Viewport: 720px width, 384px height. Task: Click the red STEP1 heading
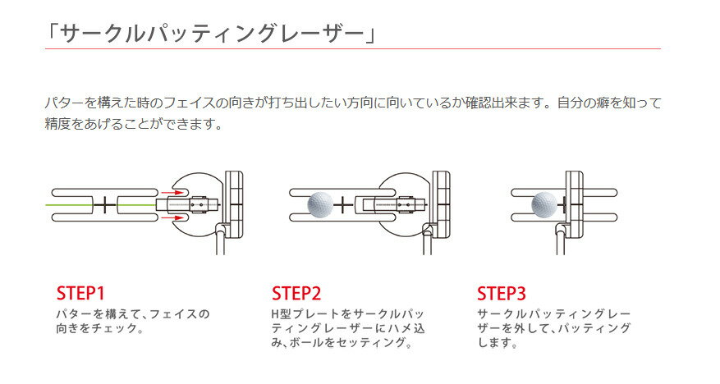80,293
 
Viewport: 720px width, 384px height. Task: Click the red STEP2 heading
296,293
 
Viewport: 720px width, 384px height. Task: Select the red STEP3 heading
502,293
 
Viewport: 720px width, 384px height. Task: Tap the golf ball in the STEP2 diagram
320,204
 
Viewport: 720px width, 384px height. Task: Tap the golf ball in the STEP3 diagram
544,204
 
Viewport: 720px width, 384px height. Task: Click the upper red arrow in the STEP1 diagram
172,192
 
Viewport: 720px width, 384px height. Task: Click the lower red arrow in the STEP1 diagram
172,217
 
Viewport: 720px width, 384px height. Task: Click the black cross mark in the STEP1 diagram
105,204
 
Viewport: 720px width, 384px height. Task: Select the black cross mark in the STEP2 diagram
343,204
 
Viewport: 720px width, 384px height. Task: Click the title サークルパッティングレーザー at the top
212,34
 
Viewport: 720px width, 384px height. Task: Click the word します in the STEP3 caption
494,342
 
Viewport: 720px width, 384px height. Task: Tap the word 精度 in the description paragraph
57,123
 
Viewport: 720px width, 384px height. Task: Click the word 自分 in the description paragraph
571,103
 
